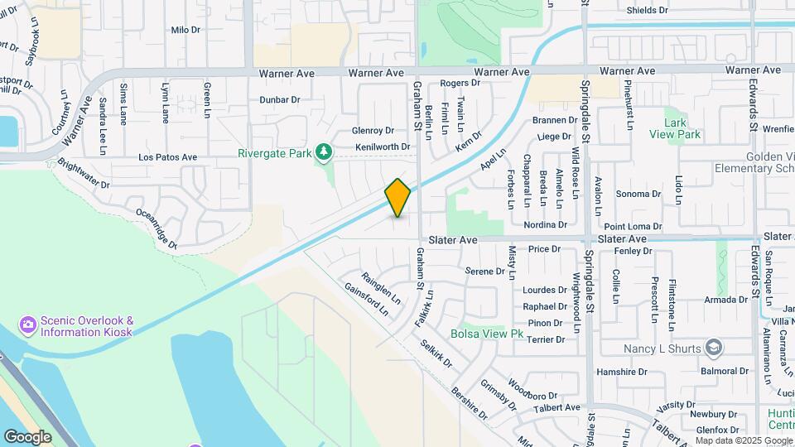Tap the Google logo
click(27, 436)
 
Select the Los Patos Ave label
click(168, 156)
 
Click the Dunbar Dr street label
click(279, 99)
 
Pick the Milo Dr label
click(185, 29)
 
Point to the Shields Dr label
click(647, 10)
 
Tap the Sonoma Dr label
click(638, 194)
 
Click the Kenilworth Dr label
click(383, 147)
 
